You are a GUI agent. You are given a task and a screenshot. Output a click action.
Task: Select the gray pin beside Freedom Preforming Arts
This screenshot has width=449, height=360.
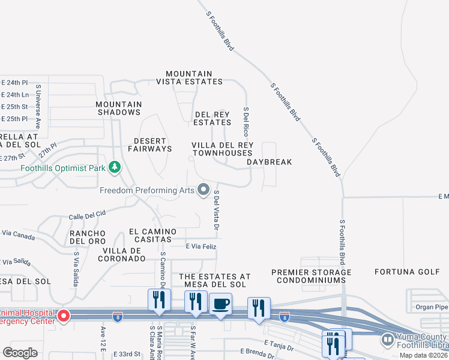[x=203, y=191]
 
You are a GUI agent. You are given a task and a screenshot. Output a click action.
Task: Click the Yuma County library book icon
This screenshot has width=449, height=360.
[x=388, y=340]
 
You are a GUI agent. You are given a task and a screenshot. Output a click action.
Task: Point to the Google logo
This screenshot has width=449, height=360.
[x=20, y=353]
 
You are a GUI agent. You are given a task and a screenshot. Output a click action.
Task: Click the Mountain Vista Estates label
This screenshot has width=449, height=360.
[x=190, y=77]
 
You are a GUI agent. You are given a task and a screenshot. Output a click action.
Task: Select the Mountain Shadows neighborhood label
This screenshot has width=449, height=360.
[x=119, y=108]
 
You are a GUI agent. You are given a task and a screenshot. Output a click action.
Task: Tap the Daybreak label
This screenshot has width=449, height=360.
[x=270, y=162]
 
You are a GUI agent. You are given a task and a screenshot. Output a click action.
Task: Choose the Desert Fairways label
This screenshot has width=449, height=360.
[x=149, y=145]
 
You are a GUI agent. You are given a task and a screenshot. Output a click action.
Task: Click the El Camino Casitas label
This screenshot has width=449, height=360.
[x=152, y=235]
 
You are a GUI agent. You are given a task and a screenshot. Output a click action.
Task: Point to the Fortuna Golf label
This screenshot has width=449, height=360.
[x=408, y=272]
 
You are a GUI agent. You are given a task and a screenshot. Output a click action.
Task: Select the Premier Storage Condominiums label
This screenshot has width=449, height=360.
[x=311, y=276]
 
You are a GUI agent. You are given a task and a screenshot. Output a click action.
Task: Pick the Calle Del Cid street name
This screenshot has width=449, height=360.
[x=87, y=214]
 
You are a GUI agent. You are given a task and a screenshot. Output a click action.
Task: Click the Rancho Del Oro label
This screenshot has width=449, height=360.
[x=88, y=237]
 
